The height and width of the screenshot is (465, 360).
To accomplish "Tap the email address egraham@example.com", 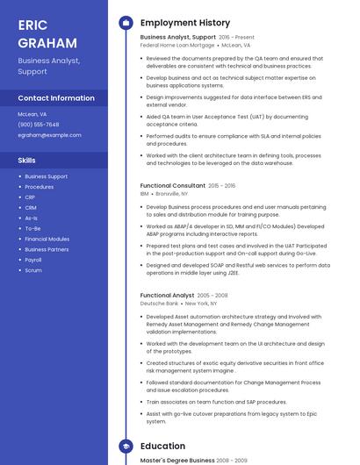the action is click(x=49, y=135).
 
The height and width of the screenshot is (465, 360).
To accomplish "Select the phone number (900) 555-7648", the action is click(x=39, y=125).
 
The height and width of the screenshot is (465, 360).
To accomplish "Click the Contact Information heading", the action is click(x=56, y=98).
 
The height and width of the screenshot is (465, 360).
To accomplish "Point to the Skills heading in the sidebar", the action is click(x=27, y=161).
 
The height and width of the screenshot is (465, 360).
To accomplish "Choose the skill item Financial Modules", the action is click(x=47, y=239).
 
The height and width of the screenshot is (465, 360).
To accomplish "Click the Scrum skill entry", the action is click(x=33, y=270).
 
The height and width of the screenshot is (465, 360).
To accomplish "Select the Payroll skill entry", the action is click(x=33, y=260).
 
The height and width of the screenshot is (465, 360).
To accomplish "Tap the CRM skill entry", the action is click(x=31, y=207).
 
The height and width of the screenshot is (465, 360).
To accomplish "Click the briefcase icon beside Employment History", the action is click(x=126, y=23).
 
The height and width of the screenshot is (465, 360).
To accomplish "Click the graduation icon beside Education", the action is click(x=126, y=446).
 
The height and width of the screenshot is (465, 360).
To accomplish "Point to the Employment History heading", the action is click(x=185, y=23).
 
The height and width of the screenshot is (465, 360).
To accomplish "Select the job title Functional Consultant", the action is click(x=173, y=186).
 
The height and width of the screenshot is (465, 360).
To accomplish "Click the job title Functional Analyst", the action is click(x=168, y=296).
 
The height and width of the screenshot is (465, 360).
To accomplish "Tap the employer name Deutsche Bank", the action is click(x=159, y=304).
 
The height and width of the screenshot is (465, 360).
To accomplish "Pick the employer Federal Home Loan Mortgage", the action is click(x=177, y=45).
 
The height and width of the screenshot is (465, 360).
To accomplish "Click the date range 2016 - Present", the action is click(x=236, y=38).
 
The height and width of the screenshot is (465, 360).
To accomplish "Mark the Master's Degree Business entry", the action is click(x=177, y=460).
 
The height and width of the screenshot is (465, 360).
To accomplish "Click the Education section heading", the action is click(x=162, y=446).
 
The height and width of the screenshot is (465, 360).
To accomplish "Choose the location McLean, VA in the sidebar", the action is click(x=32, y=114).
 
